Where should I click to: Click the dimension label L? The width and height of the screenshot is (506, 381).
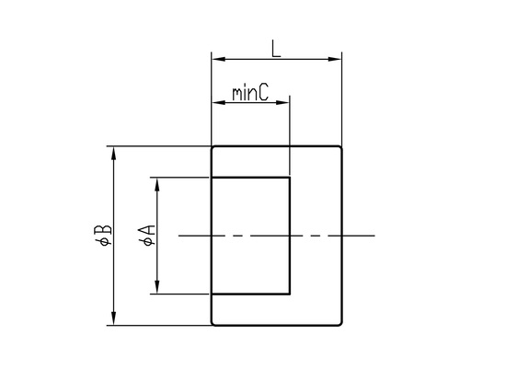[x=276, y=49]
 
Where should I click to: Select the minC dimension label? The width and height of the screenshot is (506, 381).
[x=250, y=93]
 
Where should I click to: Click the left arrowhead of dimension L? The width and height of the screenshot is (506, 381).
[x=218, y=59]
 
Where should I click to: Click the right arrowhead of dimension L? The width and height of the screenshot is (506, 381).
[x=335, y=59]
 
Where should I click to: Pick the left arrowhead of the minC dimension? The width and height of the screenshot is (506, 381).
[x=218, y=103]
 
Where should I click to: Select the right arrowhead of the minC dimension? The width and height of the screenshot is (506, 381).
[x=282, y=103]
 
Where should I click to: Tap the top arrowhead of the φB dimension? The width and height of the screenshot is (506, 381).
[x=113, y=154]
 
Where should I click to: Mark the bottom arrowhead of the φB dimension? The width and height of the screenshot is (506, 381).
[x=113, y=318]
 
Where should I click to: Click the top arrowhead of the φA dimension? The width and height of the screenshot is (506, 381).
[x=157, y=185]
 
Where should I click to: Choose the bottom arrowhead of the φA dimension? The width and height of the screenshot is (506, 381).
[x=157, y=287]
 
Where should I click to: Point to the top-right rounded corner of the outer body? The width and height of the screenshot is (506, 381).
[x=339, y=147]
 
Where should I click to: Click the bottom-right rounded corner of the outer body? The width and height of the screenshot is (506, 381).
[x=339, y=324]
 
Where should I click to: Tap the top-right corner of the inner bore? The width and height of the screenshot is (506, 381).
[x=290, y=178]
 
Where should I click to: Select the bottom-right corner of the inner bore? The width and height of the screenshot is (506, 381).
[x=290, y=294]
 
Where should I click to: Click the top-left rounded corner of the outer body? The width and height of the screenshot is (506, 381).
[x=213, y=147]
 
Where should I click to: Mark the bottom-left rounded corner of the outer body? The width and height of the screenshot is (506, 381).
[x=213, y=324]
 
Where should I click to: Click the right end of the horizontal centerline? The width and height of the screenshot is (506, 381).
[x=374, y=236]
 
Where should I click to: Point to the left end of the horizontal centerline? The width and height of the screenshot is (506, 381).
[x=179, y=236]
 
